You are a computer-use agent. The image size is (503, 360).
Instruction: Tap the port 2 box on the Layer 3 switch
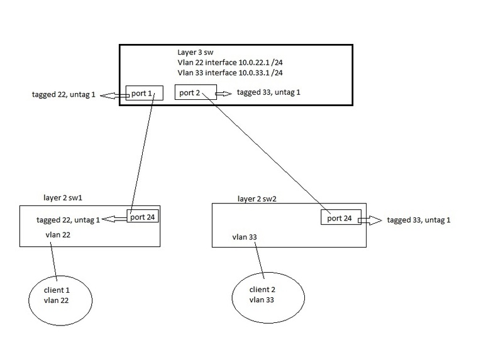(x=195, y=92)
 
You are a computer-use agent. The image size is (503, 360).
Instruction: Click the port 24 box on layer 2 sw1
(x=143, y=217)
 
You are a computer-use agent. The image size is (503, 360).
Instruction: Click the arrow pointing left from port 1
(x=113, y=95)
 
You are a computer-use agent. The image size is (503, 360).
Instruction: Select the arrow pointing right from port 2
(x=224, y=93)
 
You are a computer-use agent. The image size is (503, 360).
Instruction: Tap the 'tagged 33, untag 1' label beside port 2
(x=269, y=92)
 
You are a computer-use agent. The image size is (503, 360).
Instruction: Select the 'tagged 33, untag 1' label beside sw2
(x=419, y=220)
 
